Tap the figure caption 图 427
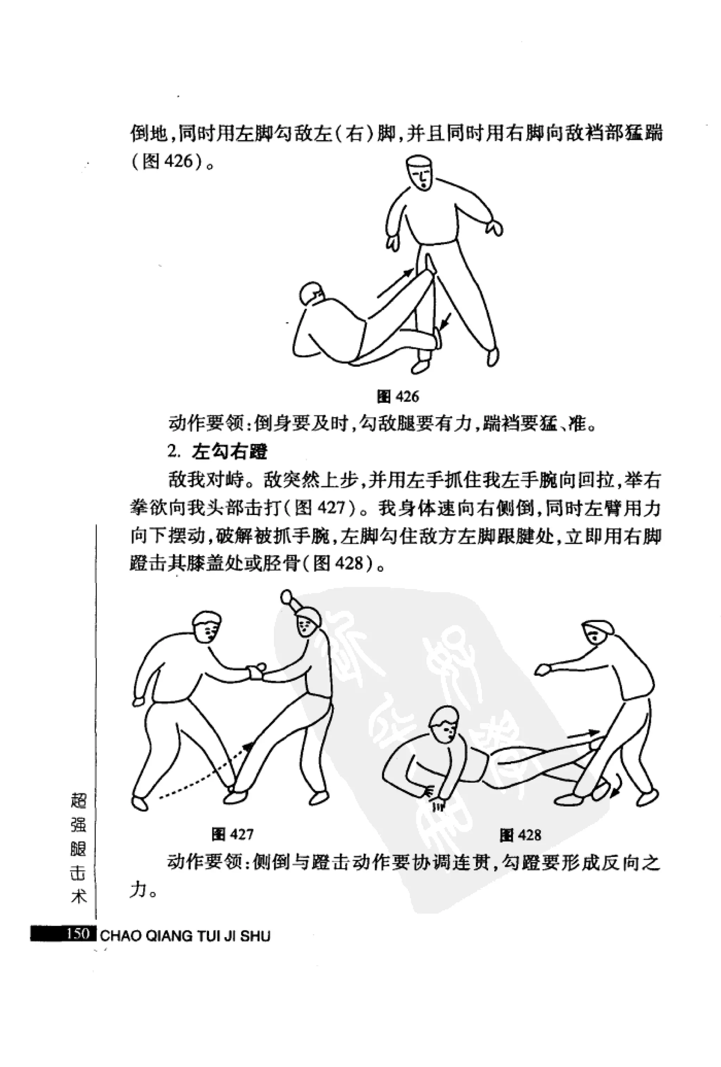point(232,833)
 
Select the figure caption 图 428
point(520,834)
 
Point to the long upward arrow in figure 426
point(395,282)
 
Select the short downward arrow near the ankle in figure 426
point(445,321)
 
